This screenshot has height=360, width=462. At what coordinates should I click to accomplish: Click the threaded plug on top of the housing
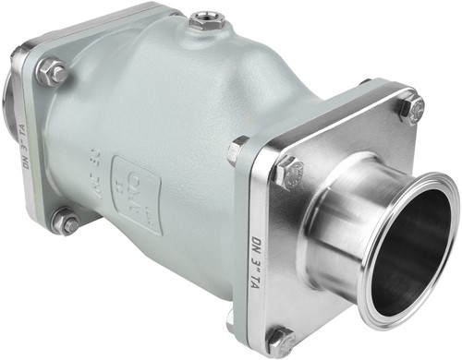click(x=202, y=20)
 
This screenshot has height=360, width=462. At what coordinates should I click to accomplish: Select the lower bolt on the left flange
click(x=67, y=222)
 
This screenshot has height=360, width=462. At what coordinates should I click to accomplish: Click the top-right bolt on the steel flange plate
click(x=410, y=110)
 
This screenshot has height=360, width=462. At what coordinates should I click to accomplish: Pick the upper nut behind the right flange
click(x=237, y=150)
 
